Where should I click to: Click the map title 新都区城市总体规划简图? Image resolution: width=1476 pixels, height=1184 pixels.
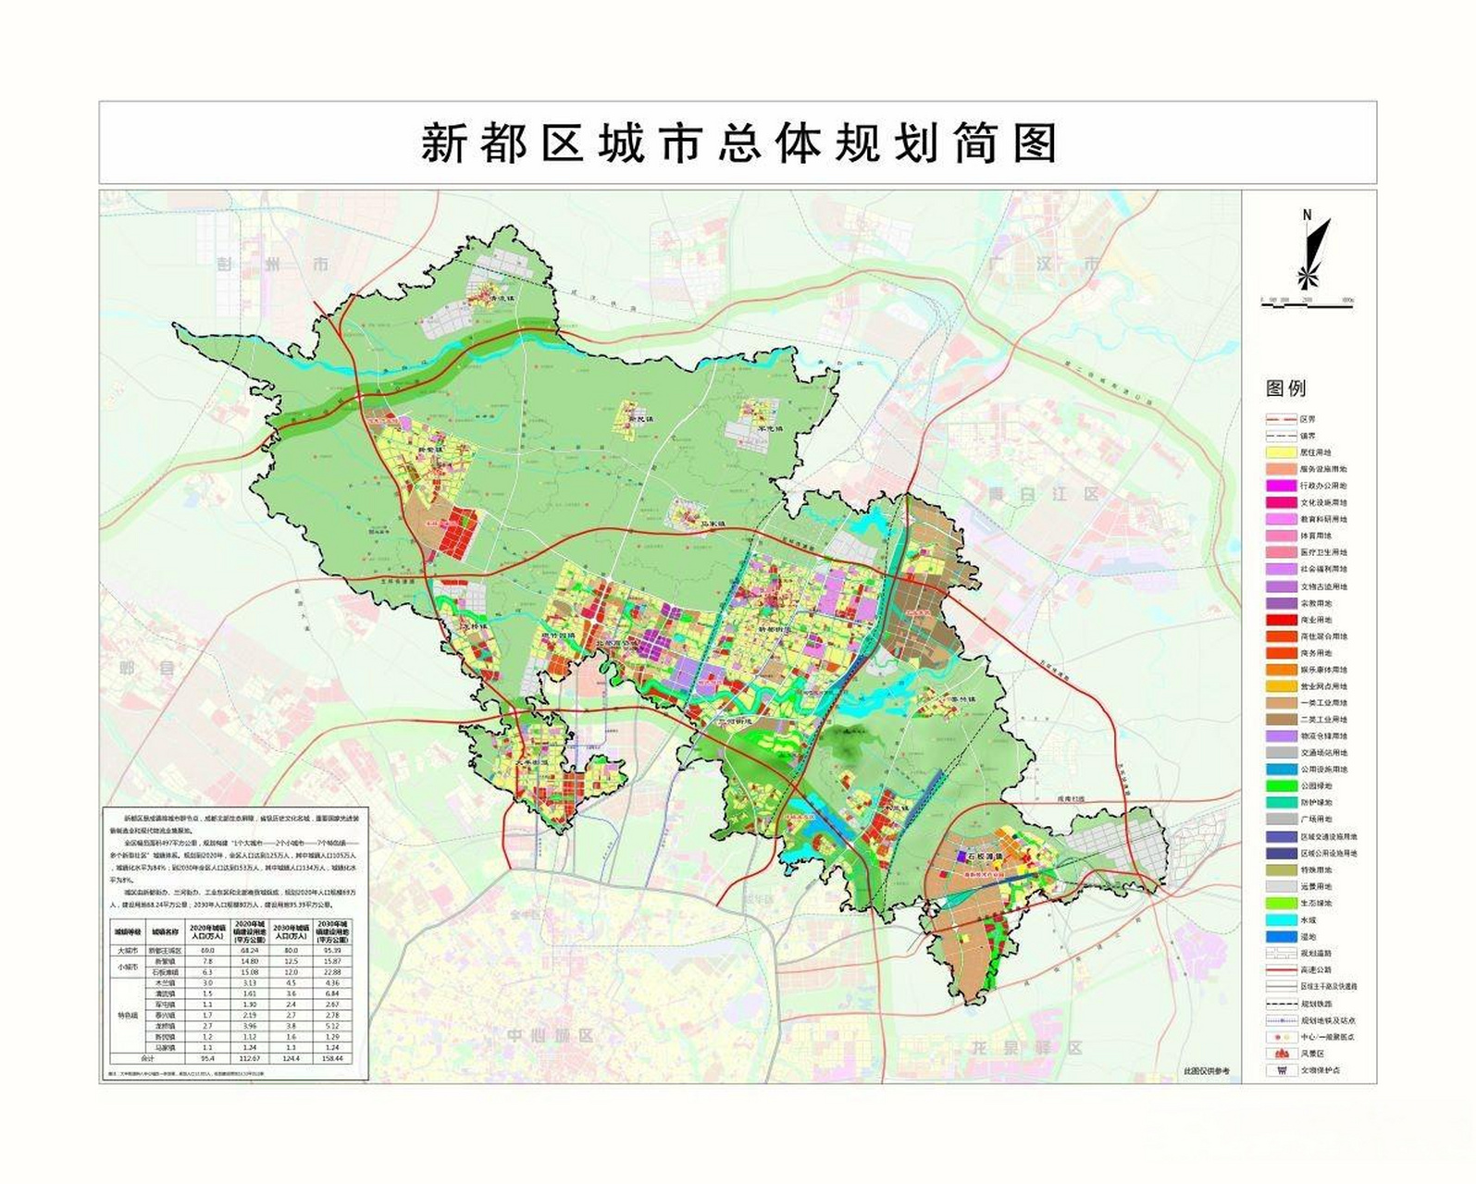tap(738, 143)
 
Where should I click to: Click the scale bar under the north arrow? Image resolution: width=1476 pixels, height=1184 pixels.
tap(1308, 302)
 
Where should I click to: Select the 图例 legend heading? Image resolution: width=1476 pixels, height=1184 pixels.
tap(1286, 388)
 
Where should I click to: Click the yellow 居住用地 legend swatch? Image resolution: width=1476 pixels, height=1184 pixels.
tap(1281, 453)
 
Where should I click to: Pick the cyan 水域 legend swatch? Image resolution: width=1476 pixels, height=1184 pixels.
tap(1281, 920)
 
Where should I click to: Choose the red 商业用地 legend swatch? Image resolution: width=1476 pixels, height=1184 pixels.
tap(1281, 620)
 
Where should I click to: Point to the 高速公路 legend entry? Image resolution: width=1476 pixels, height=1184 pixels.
tap(1314, 970)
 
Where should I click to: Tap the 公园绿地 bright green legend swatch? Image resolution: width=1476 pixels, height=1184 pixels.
tap(1281, 786)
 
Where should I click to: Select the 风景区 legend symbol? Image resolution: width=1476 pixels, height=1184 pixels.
tap(1281, 1054)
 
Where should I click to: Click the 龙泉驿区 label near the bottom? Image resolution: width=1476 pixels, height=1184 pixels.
tap(1026, 1048)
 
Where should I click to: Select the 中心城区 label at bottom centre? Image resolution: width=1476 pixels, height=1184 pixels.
tap(550, 1035)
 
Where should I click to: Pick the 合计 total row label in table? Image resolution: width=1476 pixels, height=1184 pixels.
tap(146, 1057)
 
